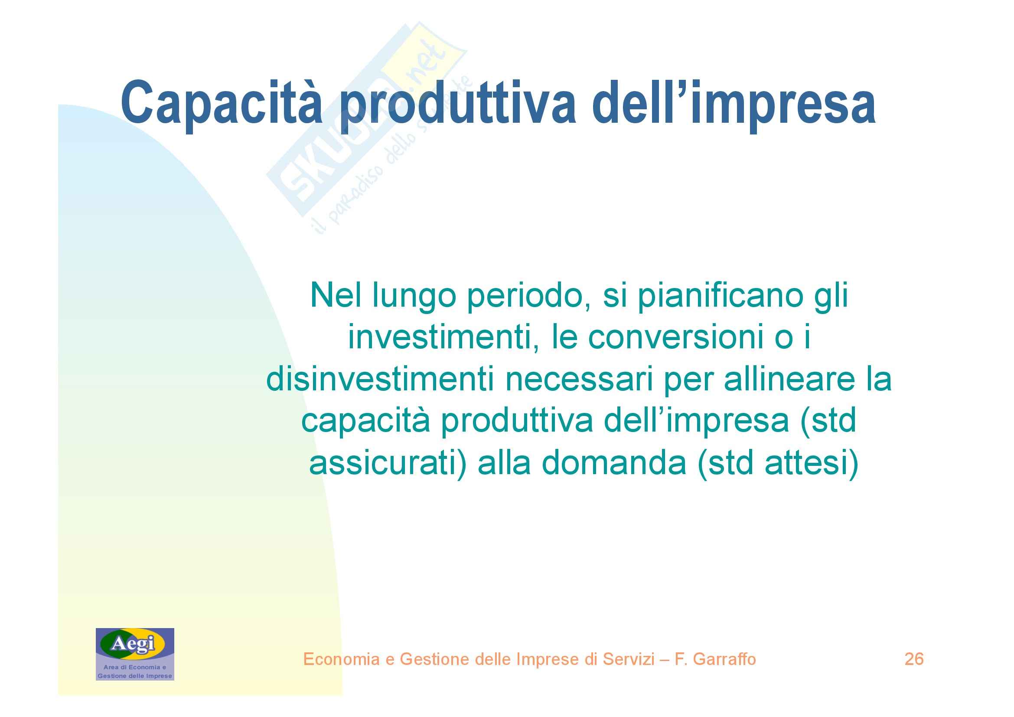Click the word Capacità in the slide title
tap(222, 102)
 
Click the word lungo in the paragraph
tap(414, 297)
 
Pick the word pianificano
tap(721, 297)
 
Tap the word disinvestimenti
tap(380, 379)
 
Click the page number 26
tap(914, 659)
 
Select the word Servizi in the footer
tap(629, 659)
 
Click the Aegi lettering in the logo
tap(133, 643)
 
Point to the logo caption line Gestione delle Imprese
tap(135, 676)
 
